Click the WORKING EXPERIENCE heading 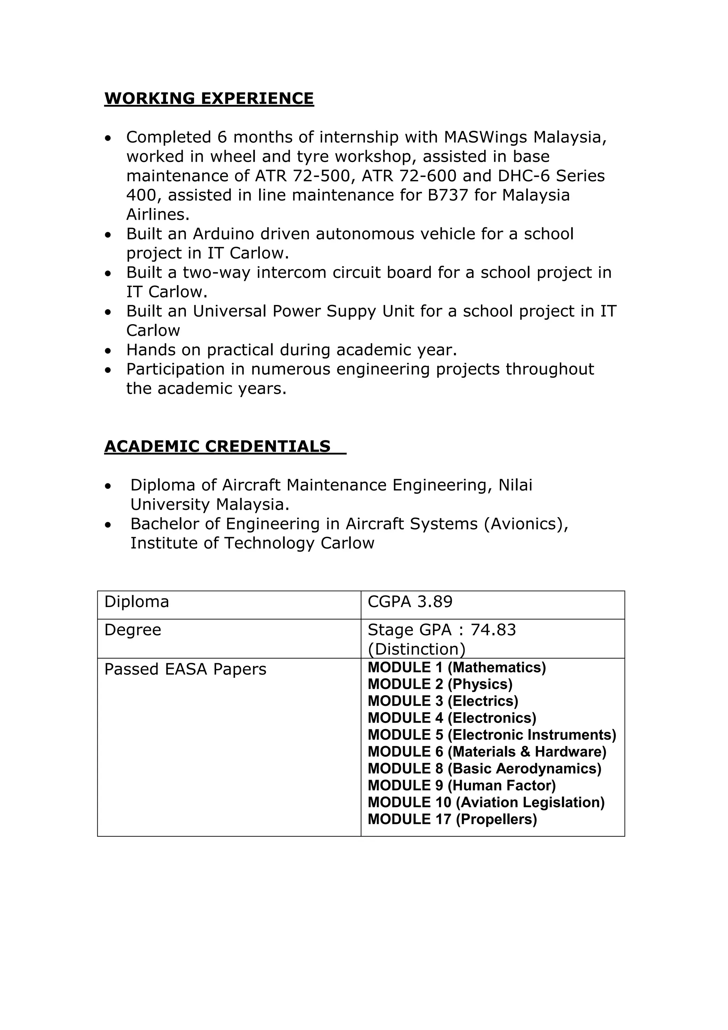pyautogui.click(x=209, y=98)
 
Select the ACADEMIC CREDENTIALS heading pyautogui.click(x=218, y=446)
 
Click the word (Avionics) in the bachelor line pyautogui.click(x=526, y=524)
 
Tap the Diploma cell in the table pyautogui.click(x=137, y=602)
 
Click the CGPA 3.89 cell pyautogui.click(x=410, y=602)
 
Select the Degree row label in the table pyautogui.click(x=133, y=630)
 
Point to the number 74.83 pyautogui.click(x=493, y=630)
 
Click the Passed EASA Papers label pyautogui.click(x=185, y=669)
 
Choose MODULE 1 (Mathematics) pyautogui.click(x=457, y=667)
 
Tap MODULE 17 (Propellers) pyautogui.click(x=452, y=819)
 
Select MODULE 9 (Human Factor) pyautogui.click(x=461, y=785)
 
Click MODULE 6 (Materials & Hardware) pyautogui.click(x=487, y=752)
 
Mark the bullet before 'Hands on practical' pyautogui.click(x=107, y=351)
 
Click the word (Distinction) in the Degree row pyautogui.click(x=416, y=649)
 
